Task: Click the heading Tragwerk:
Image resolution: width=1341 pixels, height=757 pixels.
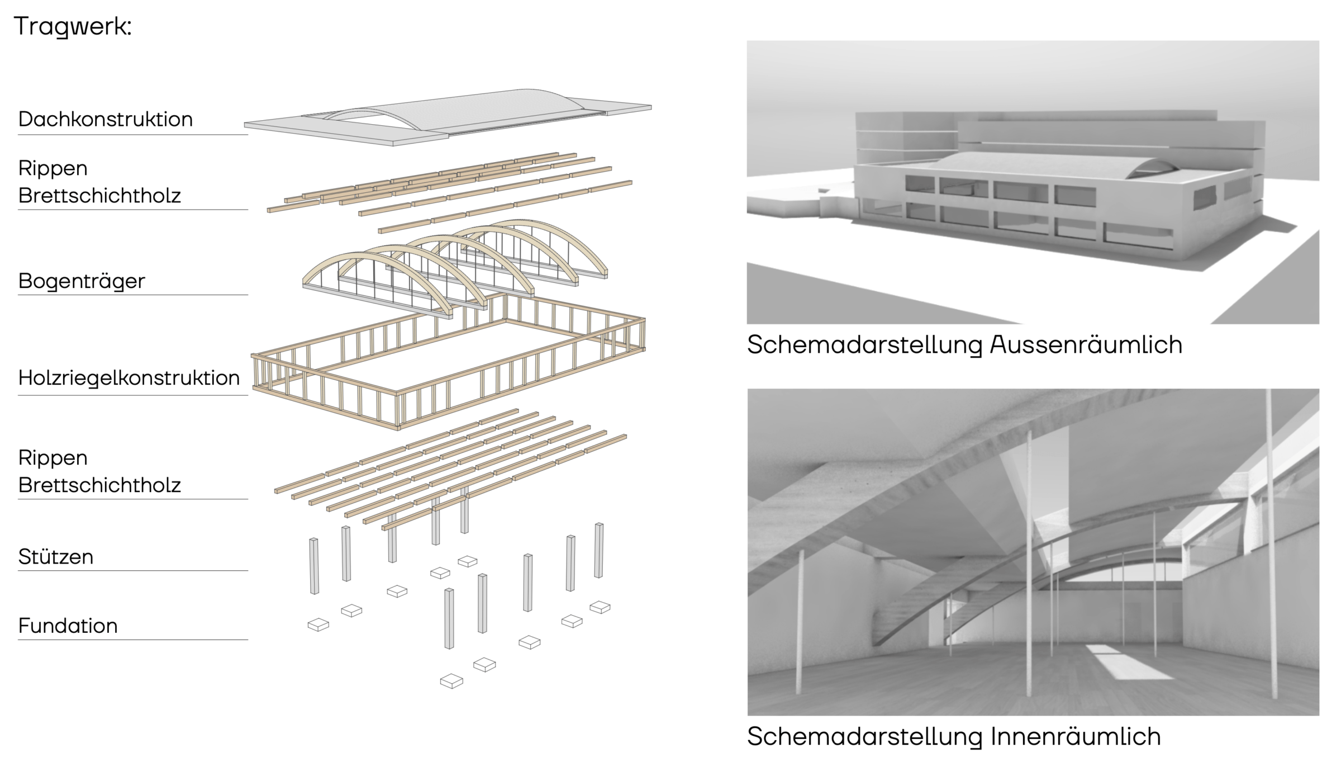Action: (x=73, y=26)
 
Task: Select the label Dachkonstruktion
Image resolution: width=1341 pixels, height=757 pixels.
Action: (x=105, y=119)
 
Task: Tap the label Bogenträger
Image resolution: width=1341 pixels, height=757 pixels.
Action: (x=82, y=281)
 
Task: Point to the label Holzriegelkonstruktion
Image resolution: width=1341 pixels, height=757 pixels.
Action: (x=129, y=378)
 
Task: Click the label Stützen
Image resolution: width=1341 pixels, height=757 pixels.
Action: (x=56, y=557)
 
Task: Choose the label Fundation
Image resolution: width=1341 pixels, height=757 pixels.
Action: (x=68, y=626)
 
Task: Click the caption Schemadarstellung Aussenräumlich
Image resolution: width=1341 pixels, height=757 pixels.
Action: (x=964, y=345)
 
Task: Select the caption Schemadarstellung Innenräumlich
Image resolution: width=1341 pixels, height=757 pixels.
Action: (x=954, y=736)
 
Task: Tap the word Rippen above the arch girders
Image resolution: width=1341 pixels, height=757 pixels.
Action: (x=53, y=168)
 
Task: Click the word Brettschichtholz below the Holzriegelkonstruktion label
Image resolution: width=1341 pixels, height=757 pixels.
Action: (x=99, y=485)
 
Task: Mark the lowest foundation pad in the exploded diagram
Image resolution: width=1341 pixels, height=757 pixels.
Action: (x=451, y=681)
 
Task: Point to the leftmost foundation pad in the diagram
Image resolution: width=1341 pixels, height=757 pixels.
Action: (x=318, y=624)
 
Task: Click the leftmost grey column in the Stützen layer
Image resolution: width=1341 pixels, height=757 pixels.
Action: (x=314, y=566)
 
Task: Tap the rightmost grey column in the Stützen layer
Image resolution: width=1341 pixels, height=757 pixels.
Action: (x=598, y=550)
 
